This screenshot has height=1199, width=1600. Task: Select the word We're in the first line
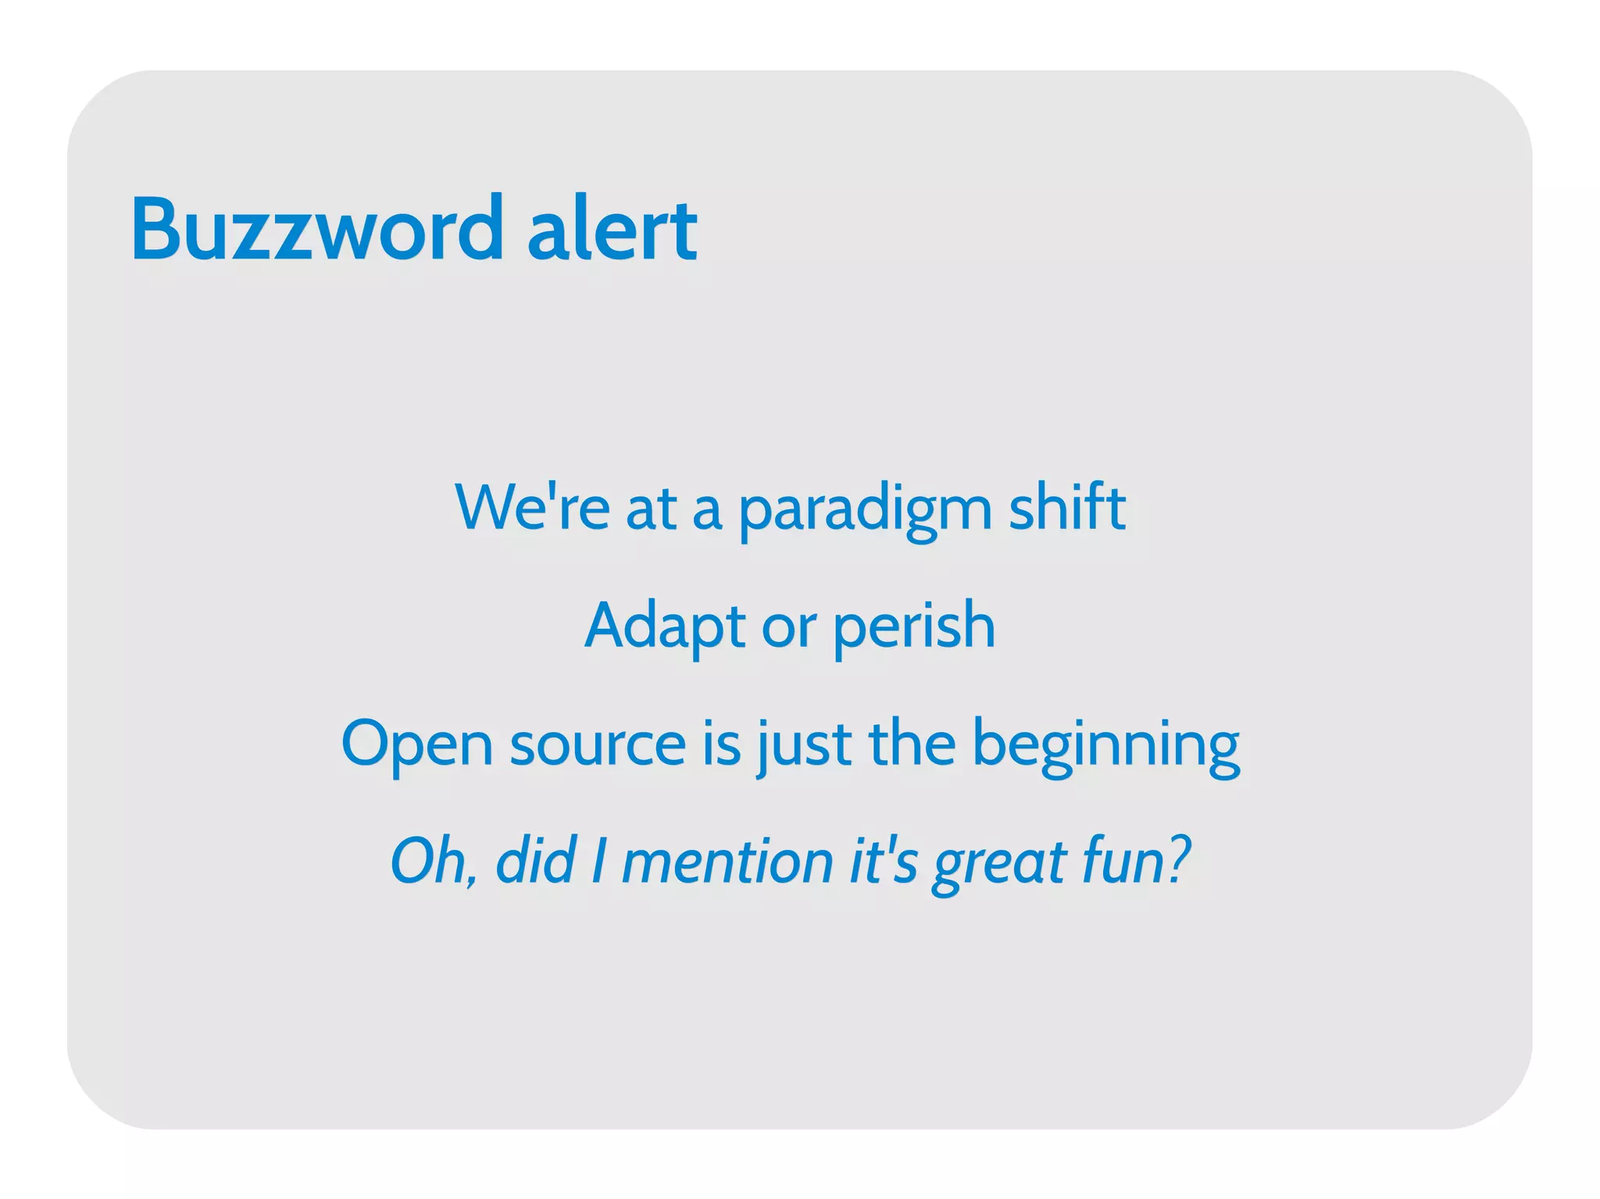pyautogui.click(x=532, y=508)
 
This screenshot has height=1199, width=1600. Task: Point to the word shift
pyautogui.click(x=1067, y=508)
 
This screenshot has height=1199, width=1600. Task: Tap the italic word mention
pyautogui.click(x=727, y=861)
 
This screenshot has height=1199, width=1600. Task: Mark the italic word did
pyautogui.click(x=536, y=861)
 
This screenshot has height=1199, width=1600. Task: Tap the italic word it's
pyautogui.click(x=883, y=861)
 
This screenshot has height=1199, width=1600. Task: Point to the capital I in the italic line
pyautogui.click(x=598, y=861)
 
